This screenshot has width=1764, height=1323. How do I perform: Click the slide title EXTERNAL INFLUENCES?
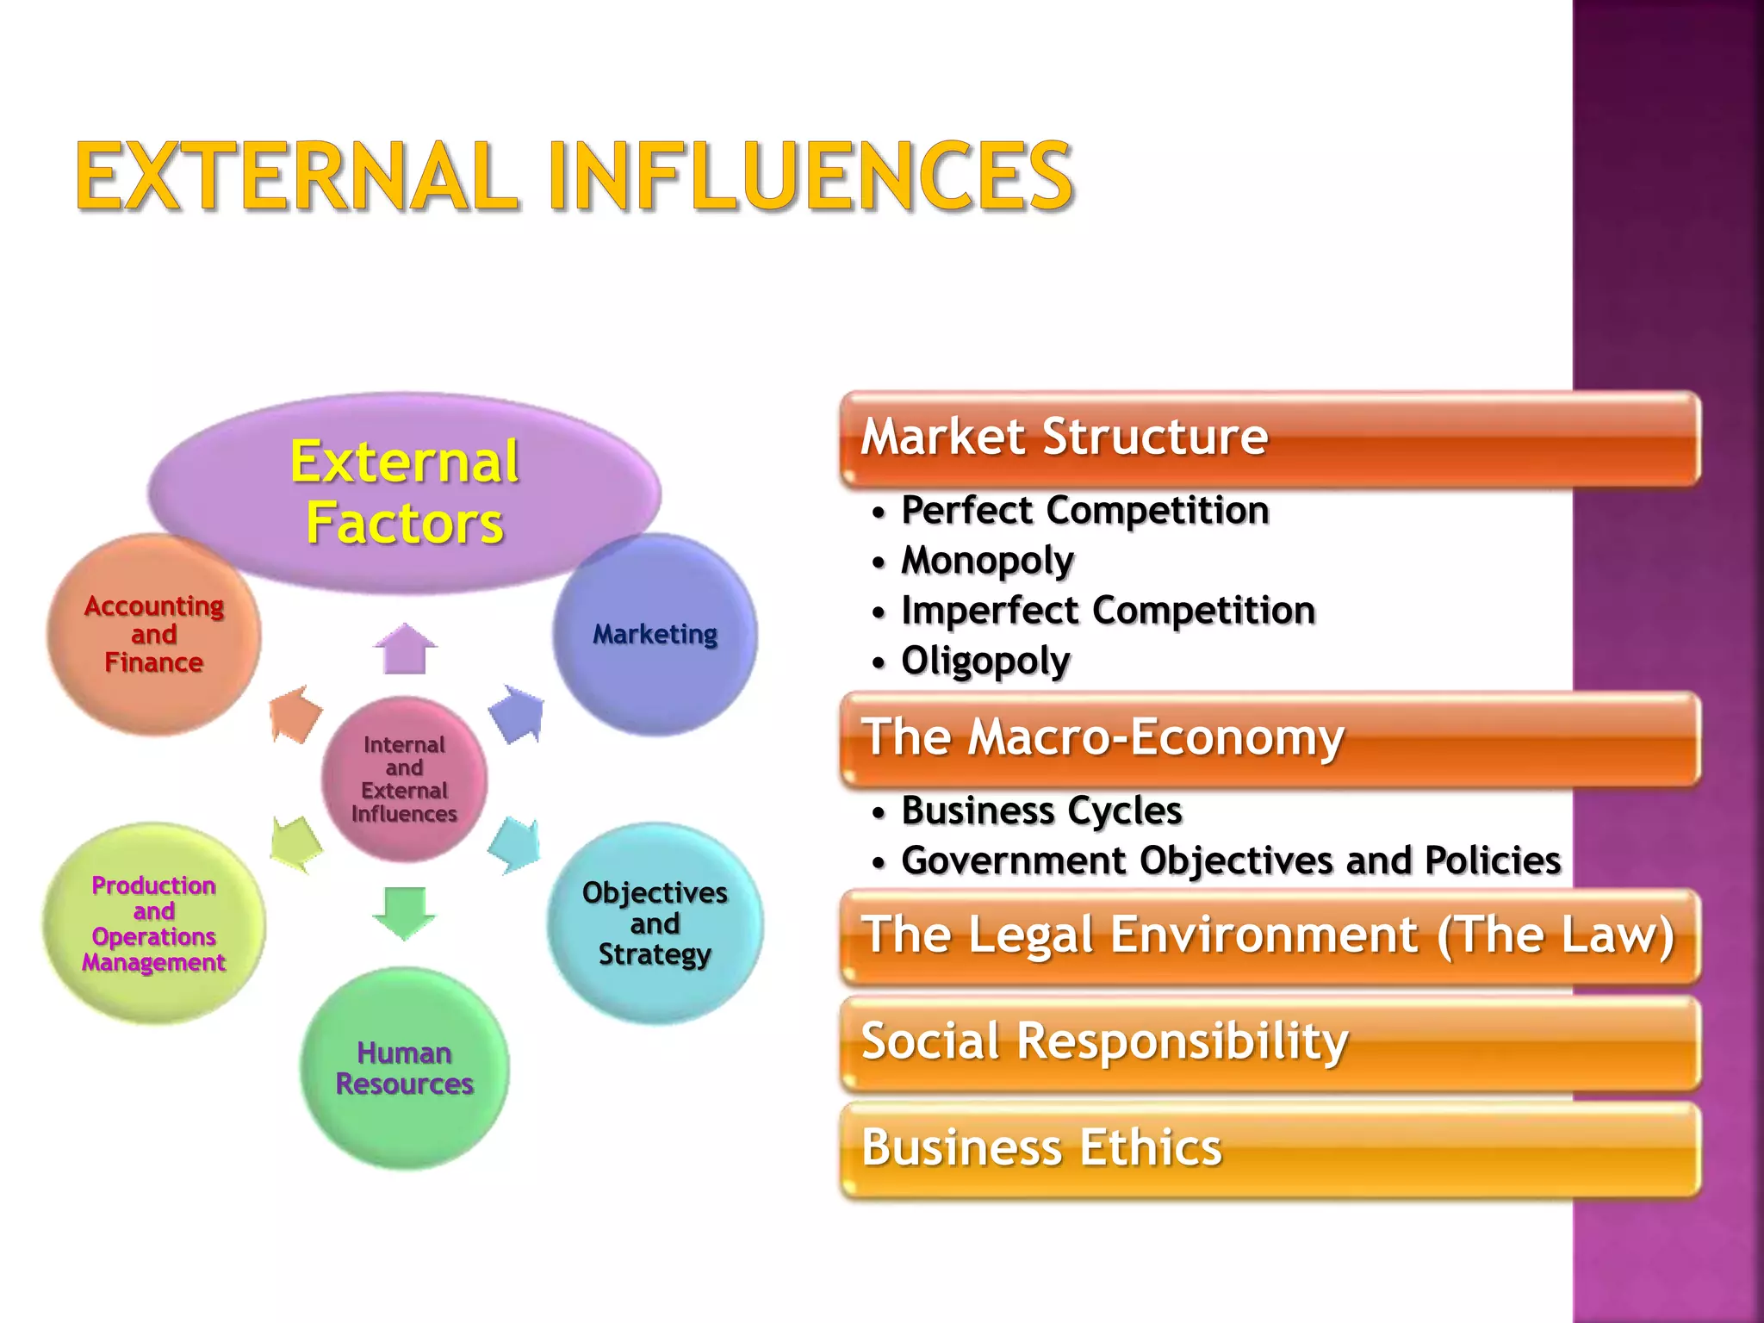pyautogui.click(x=574, y=177)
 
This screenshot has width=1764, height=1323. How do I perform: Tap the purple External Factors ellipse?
pyautogui.click(x=405, y=492)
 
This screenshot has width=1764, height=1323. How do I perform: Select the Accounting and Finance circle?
pyautogui.click(x=153, y=635)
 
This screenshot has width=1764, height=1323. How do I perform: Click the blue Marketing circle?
pyautogui.click(x=655, y=635)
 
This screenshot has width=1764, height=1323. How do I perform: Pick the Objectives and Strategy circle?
pyautogui.click(x=655, y=923)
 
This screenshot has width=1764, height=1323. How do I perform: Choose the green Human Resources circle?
pyautogui.click(x=405, y=1068)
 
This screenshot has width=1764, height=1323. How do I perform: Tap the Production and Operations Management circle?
pyautogui.click(x=154, y=923)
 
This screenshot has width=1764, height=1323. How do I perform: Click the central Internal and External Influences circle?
pyautogui.click(x=404, y=779)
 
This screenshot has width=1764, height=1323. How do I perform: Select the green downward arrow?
pyautogui.click(x=404, y=911)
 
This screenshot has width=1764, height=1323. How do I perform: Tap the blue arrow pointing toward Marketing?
pyautogui.click(x=518, y=713)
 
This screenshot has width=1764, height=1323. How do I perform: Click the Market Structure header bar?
pyautogui.click(x=1270, y=438)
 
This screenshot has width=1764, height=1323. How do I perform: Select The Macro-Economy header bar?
pyautogui.click(x=1270, y=738)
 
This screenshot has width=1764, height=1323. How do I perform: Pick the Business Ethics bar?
pyautogui.click(x=1270, y=1148)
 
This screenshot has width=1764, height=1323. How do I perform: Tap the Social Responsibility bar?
pyautogui.click(x=1270, y=1042)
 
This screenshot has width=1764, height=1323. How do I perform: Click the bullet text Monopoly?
pyautogui.click(x=987, y=561)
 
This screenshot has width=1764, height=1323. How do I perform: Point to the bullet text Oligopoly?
pyautogui.click(x=985, y=661)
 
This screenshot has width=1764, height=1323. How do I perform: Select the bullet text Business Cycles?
pyautogui.click(x=1041, y=811)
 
